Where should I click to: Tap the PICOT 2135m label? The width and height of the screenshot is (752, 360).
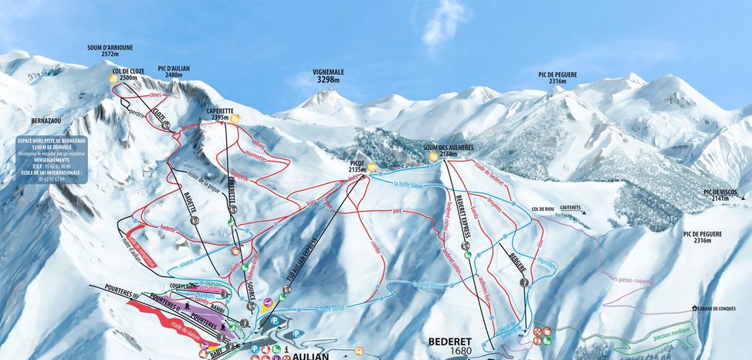[356, 167]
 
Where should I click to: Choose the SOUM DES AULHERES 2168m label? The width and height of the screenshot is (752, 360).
[449, 151]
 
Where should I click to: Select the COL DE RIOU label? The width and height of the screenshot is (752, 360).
[545, 209]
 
